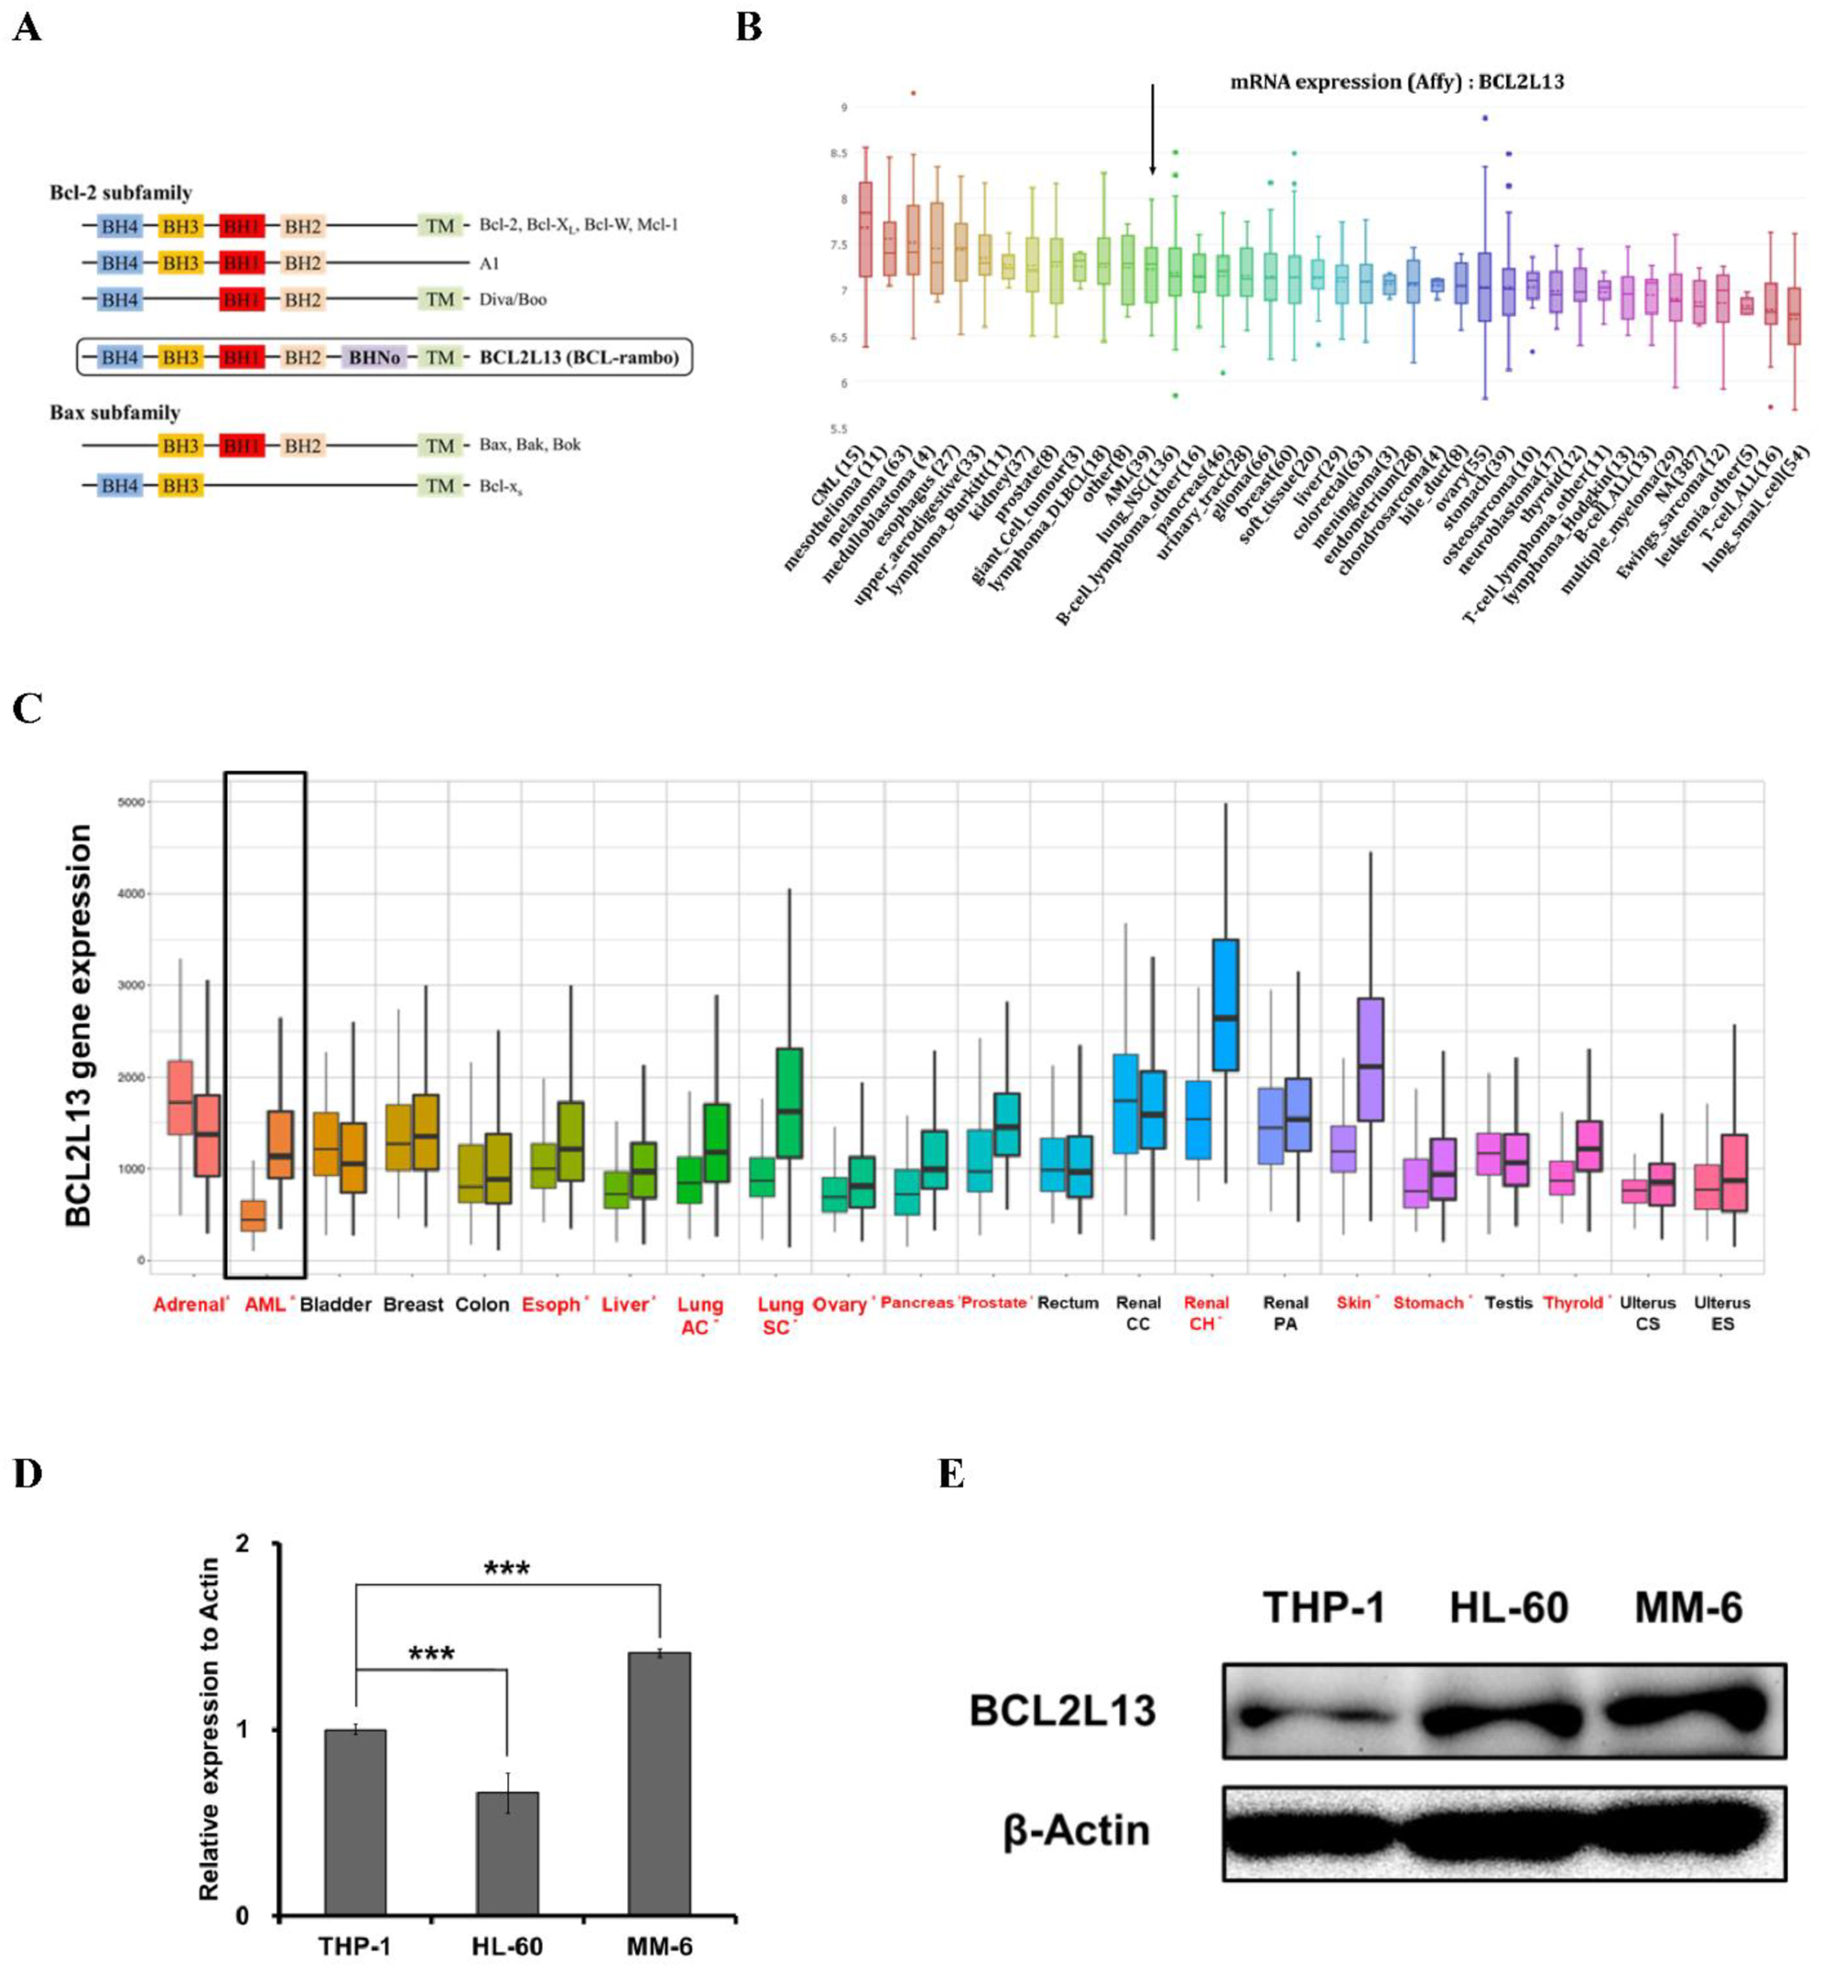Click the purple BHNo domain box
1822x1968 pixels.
coord(374,357)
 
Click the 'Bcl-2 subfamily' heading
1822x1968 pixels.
coord(120,193)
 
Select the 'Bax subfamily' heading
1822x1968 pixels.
coord(114,412)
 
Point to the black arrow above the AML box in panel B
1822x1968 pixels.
coord(1152,128)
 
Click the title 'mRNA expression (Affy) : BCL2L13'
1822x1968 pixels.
coord(1396,81)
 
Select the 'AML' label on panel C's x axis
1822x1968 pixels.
coord(265,1303)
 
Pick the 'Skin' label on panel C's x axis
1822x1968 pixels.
coord(1352,1302)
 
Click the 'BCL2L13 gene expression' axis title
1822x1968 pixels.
coord(79,1025)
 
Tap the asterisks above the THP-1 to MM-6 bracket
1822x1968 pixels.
coord(506,1568)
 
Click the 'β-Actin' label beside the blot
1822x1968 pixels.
coord(1076,1830)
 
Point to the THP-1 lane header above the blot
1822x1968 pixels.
coord(1323,1607)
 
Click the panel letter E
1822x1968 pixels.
coord(950,1475)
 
